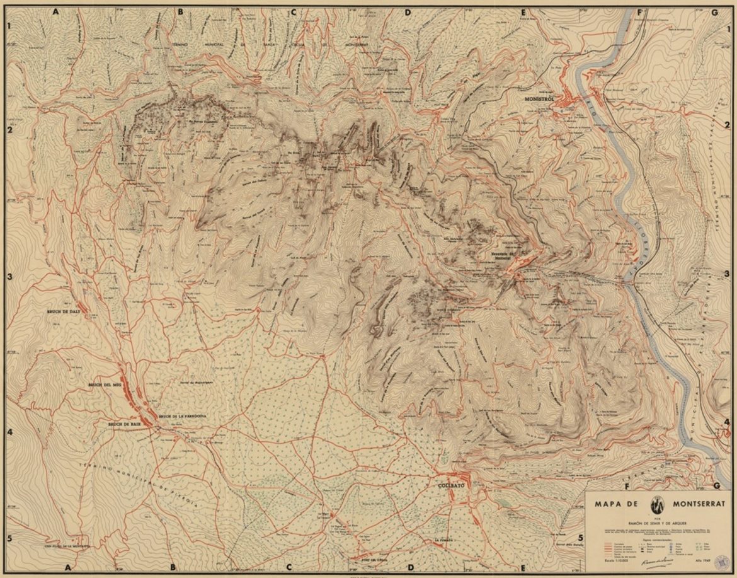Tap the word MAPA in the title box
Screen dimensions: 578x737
[x=608, y=504]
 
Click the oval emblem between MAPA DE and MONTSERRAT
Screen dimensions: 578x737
[x=657, y=505]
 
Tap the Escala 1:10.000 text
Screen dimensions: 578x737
[x=616, y=560]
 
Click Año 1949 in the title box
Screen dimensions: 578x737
[x=703, y=560]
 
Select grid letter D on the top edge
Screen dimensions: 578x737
[x=408, y=12]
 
